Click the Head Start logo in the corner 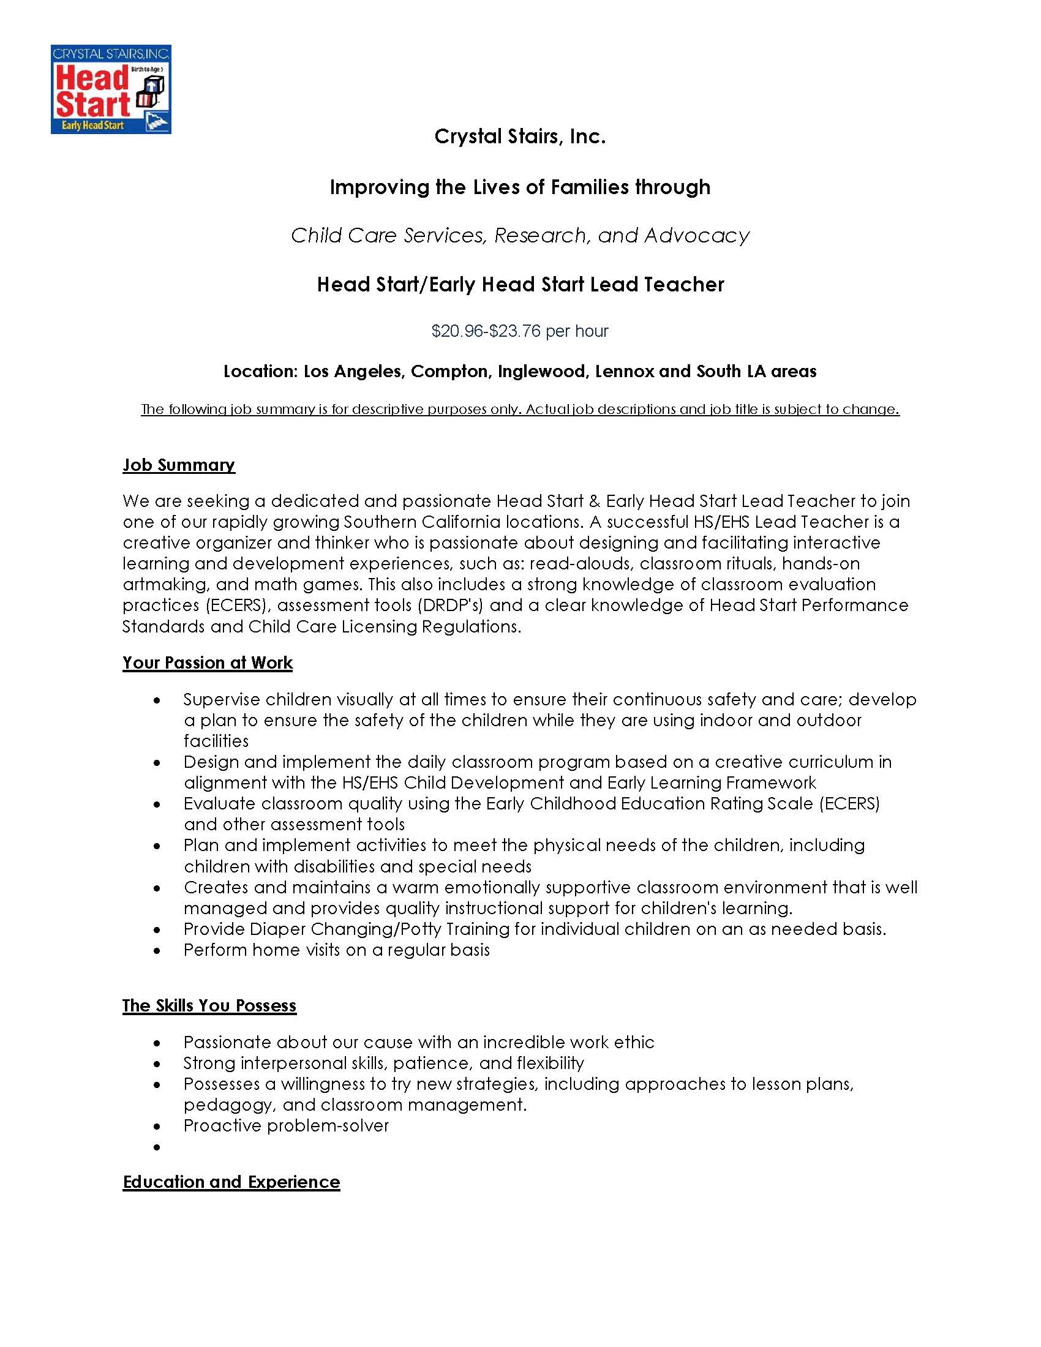pyautogui.click(x=110, y=89)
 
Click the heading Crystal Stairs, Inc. pyautogui.click(x=520, y=137)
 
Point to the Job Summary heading pyautogui.click(x=179, y=465)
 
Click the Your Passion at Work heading pyautogui.click(x=207, y=663)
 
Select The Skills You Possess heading pyautogui.click(x=209, y=1006)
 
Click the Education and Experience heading pyautogui.click(x=231, y=1182)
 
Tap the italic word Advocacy pyautogui.click(x=697, y=236)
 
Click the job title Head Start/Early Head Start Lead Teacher pyautogui.click(x=520, y=284)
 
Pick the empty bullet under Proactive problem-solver pyautogui.click(x=158, y=1147)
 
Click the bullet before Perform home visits pyautogui.click(x=158, y=950)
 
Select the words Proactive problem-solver pyautogui.click(x=286, y=1125)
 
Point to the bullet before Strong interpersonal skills pyautogui.click(x=158, y=1064)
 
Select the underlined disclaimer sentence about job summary pyautogui.click(x=520, y=410)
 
